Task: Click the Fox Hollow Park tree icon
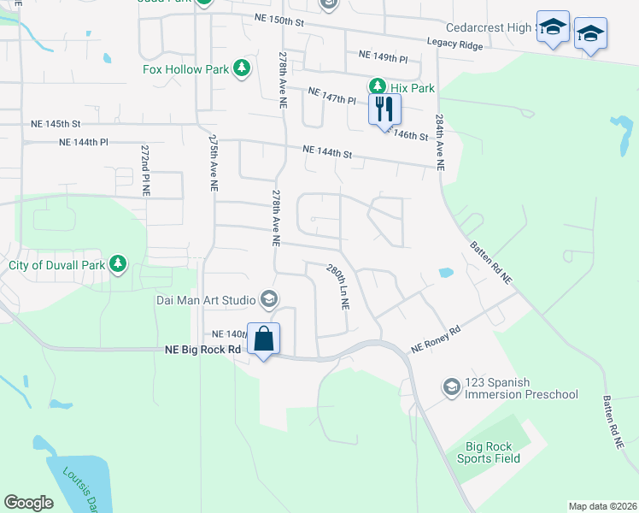click(242, 68)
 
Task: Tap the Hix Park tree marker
click(377, 86)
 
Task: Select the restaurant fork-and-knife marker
click(384, 109)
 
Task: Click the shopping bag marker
click(264, 339)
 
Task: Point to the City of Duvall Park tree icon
click(119, 265)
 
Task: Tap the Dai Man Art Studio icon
click(269, 298)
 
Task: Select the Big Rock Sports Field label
click(494, 452)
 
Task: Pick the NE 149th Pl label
click(384, 56)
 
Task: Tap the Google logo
click(28, 502)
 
